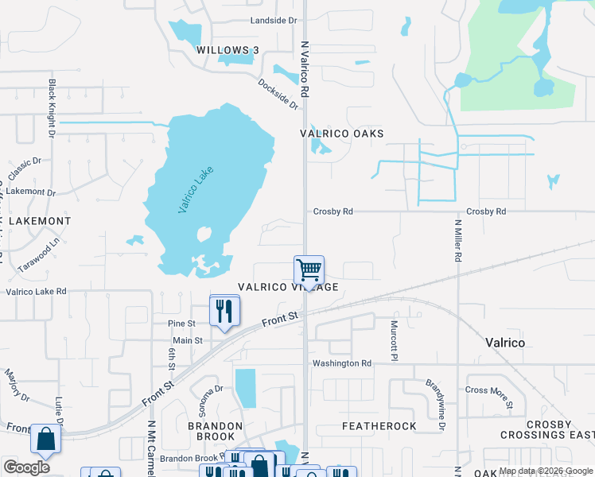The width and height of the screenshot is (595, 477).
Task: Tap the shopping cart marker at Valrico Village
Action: coord(309,270)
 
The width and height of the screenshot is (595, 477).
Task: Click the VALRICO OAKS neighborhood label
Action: coord(342,134)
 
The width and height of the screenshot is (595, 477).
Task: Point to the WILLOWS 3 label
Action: coord(227,51)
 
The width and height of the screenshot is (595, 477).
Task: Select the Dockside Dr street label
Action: coord(278,94)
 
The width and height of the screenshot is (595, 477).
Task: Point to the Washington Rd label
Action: coord(342,363)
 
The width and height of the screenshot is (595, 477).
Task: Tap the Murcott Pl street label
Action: coord(394,338)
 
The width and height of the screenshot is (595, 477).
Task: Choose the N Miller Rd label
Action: coord(458,242)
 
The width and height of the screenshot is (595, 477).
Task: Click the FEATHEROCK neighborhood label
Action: coord(379,426)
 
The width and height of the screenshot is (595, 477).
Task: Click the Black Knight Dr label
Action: coord(52,108)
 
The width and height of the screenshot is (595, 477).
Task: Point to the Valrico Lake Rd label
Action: coord(37,292)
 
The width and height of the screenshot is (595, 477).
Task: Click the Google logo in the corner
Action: coord(27,467)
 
